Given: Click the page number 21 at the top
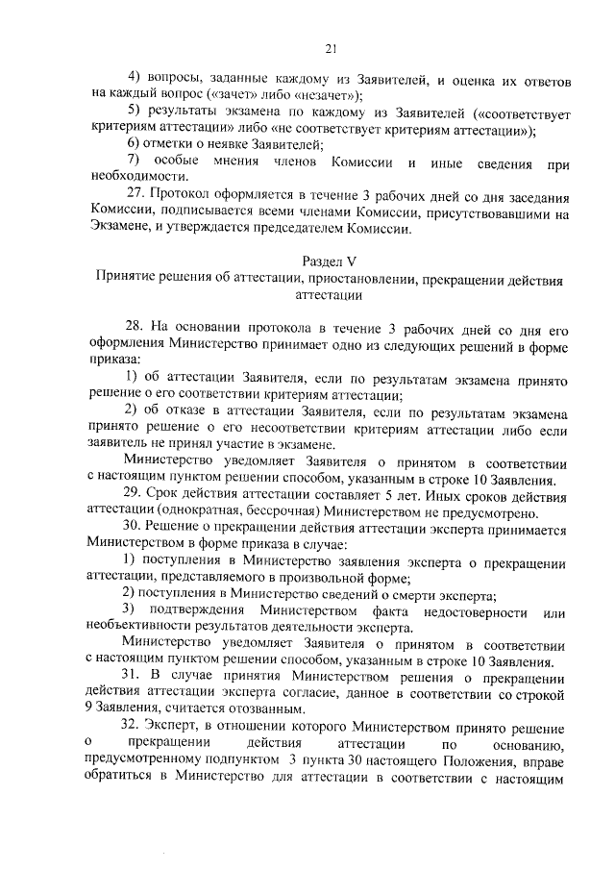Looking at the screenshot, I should click(x=331, y=50).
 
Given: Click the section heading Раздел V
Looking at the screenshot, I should click(x=331, y=261).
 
